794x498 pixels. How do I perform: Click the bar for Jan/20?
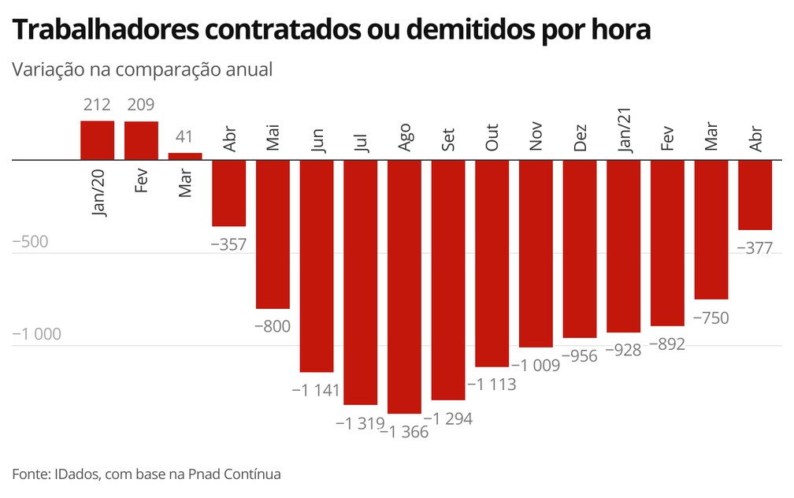[98, 140]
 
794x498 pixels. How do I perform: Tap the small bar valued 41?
[185, 156]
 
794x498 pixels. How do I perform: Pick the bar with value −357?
[229, 193]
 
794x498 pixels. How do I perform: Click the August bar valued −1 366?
[405, 286]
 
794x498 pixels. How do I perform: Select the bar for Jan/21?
[624, 246]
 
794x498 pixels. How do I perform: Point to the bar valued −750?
[711, 229]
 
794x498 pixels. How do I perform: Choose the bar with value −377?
[755, 195]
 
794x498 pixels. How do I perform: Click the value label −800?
[273, 326]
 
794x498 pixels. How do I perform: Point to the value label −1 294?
[448, 418]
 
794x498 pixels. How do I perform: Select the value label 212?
[98, 105]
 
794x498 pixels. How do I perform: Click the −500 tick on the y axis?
[31, 242]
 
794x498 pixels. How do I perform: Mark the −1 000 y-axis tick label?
[37, 334]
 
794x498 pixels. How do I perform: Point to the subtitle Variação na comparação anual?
[142, 69]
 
